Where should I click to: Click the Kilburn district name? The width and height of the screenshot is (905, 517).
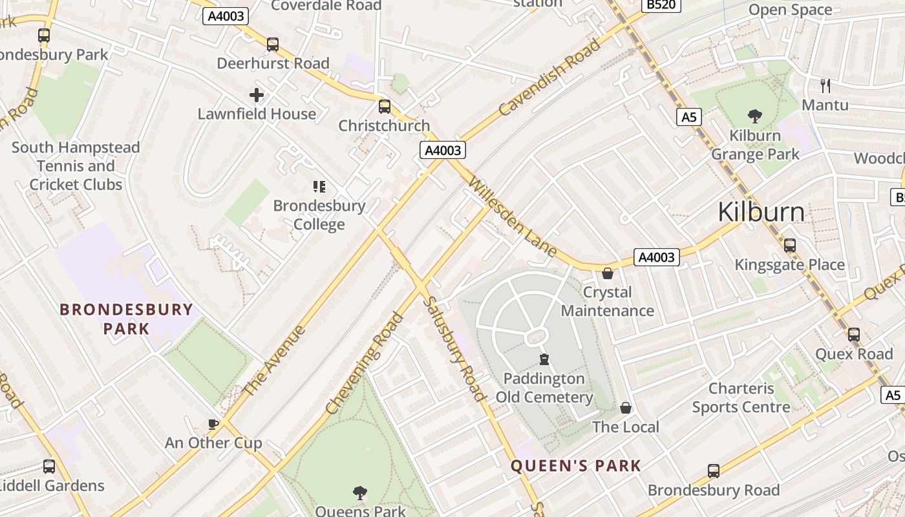(761, 212)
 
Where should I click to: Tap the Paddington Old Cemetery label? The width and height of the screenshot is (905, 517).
(544, 388)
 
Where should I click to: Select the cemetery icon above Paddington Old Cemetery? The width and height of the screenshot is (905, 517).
(544, 359)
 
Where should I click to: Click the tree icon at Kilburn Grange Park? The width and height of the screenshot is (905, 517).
(754, 116)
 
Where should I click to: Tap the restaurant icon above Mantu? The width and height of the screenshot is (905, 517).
(825, 85)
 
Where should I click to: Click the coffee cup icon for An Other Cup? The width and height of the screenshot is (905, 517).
(213, 424)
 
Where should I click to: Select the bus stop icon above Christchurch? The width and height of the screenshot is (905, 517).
(385, 107)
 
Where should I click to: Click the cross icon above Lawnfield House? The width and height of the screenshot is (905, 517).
(257, 96)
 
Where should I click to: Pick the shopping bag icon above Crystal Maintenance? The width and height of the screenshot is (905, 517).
(607, 273)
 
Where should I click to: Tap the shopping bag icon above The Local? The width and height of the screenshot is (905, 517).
(625, 408)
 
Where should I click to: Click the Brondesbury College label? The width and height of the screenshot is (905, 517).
(319, 215)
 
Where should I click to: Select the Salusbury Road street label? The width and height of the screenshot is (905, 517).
(454, 349)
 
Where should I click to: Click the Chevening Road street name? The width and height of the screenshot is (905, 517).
(365, 363)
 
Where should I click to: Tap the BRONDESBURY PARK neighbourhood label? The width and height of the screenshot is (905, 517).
(127, 319)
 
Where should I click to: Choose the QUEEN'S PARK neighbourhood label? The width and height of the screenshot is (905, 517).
(576, 465)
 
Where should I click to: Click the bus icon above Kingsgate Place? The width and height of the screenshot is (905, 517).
(789, 246)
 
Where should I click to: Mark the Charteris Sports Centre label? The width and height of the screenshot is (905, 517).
(741, 397)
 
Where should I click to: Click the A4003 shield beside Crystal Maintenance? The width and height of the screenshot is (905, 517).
(656, 257)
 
